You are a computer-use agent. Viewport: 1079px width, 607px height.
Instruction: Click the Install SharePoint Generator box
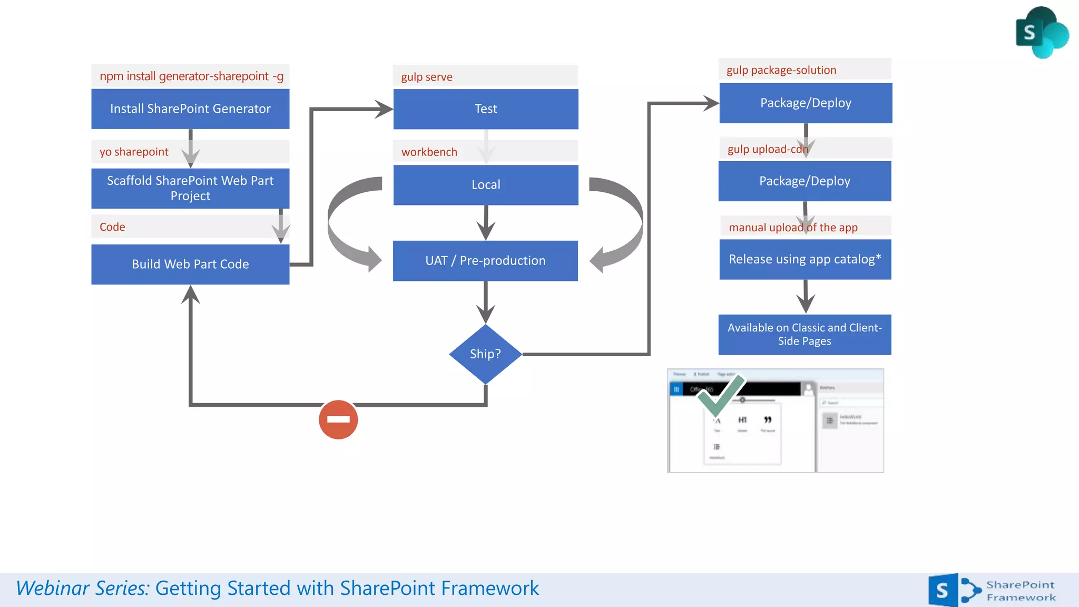point(190,109)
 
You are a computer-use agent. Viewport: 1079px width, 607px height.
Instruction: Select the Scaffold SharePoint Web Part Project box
point(190,188)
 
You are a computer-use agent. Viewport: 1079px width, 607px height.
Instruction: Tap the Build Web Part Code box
point(190,264)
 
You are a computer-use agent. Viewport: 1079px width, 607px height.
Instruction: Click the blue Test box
point(485,109)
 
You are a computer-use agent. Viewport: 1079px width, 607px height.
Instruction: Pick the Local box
point(485,184)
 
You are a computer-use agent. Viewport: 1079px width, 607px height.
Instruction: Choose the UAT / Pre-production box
point(485,260)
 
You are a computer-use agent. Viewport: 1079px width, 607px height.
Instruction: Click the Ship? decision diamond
point(485,354)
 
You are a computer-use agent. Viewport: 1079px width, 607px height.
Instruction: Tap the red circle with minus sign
point(338,419)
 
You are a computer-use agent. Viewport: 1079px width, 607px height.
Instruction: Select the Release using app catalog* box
point(805,259)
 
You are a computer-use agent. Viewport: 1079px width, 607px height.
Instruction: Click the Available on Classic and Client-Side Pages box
point(805,334)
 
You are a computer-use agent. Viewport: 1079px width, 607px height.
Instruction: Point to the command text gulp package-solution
point(781,70)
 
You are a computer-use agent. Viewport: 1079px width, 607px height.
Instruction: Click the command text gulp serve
point(427,77)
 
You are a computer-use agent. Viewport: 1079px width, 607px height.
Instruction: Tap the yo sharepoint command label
point(134,152)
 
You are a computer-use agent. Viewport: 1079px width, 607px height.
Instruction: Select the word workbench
point(429,152)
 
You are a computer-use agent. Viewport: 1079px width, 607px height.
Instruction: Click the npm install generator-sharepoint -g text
point(191,76)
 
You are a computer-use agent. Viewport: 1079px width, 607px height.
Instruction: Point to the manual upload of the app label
point(793,228)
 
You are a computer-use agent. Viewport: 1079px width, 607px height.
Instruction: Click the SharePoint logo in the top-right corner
point(1041,33)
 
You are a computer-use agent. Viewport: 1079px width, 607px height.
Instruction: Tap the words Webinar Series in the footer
point(83,588)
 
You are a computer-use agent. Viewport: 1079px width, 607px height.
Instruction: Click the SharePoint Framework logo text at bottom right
point(1021,591)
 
